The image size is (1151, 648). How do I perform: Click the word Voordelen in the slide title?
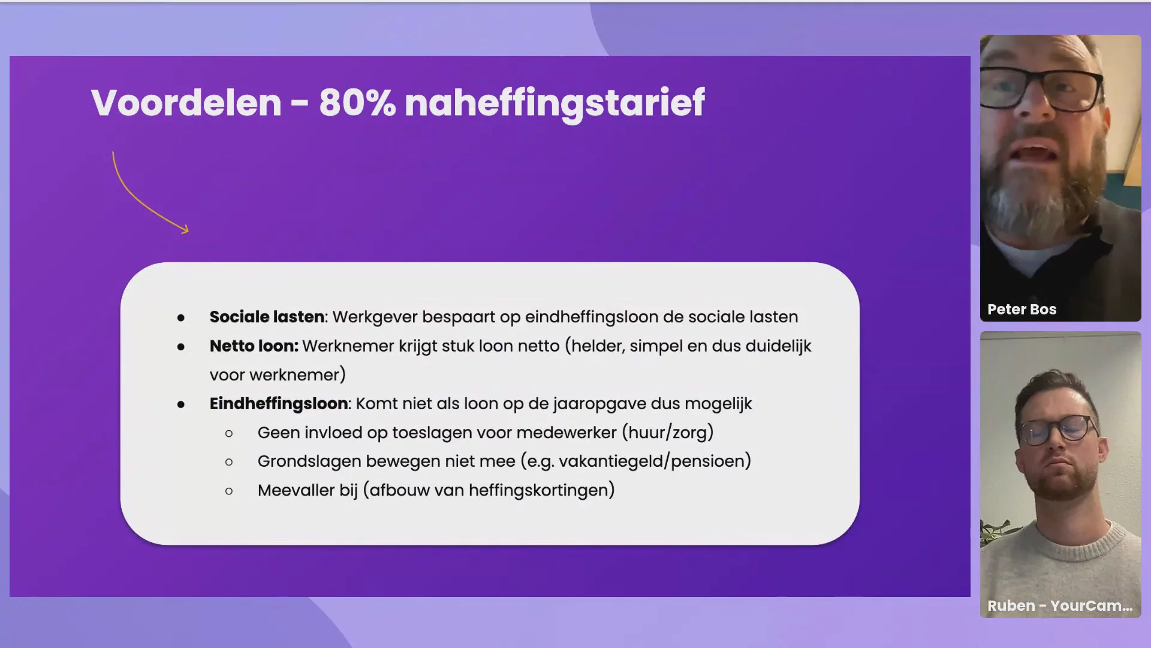186,103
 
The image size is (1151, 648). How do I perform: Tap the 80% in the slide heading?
357,103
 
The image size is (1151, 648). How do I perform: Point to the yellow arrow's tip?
188,230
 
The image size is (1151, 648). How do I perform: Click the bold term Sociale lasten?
267,317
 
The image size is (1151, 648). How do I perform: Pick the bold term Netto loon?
254,346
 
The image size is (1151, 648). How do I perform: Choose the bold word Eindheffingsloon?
279,404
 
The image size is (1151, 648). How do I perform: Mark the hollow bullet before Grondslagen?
229,462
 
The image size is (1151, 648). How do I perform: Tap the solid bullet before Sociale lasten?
181,318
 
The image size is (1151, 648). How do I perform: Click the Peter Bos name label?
1022,310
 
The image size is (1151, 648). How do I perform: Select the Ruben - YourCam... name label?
1060,606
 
